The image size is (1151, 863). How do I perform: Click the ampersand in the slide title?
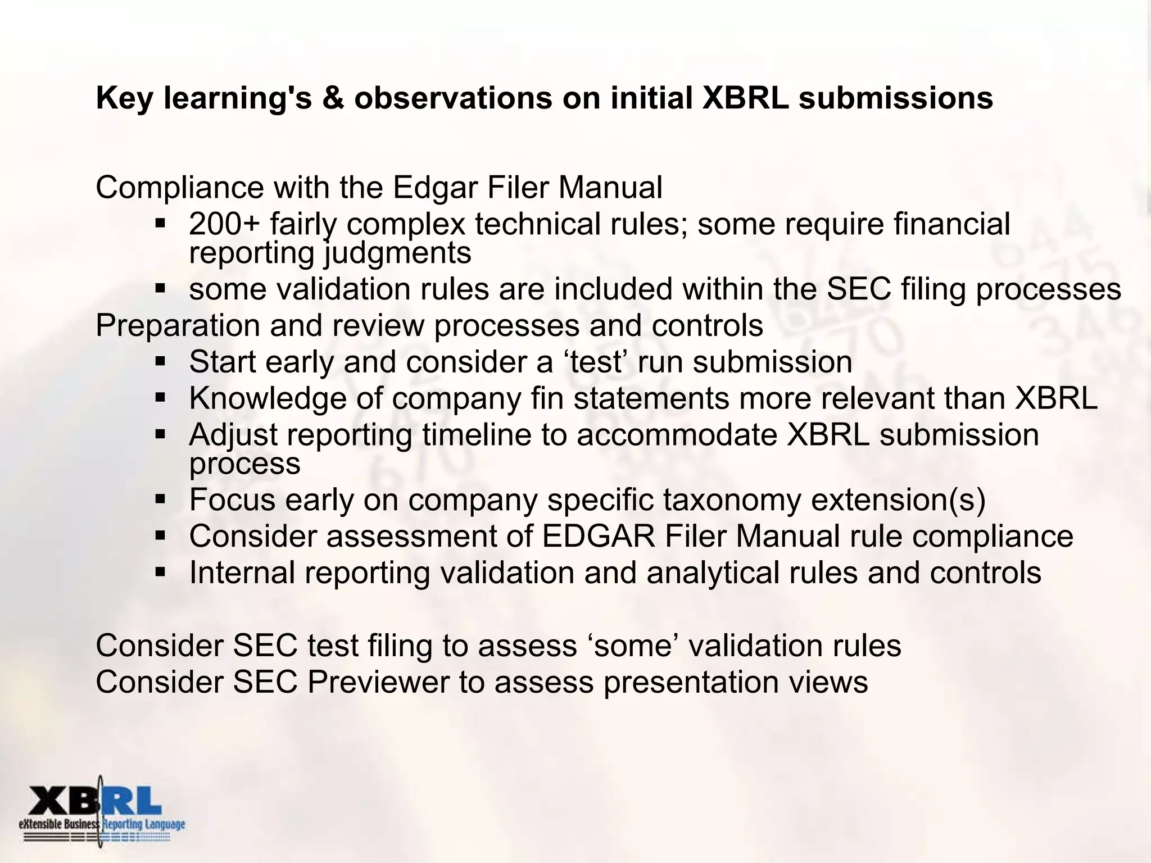coord(333,98)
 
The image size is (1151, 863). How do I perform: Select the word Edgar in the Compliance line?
coord(435,188)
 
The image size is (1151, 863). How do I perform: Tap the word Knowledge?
coord(268,398)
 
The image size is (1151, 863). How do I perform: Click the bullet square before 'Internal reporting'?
coord(160,573)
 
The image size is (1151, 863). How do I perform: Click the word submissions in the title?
coord(896,98)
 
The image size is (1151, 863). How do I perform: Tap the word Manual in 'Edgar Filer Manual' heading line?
coord(610,188)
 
